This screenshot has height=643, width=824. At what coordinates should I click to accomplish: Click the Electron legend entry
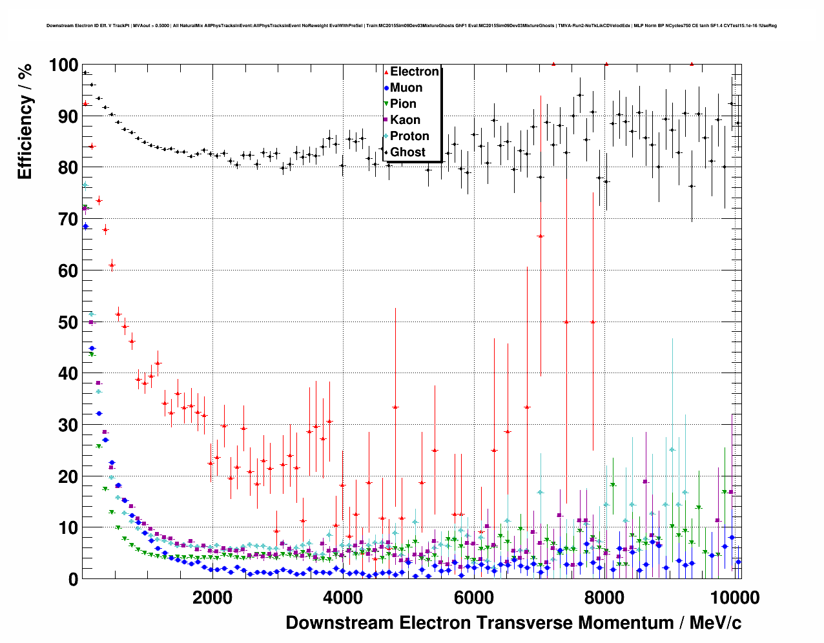click(x=414, y=72)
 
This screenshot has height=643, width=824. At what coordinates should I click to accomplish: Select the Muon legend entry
click(x=406, y=88)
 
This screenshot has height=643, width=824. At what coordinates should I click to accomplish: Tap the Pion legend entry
click(x=403, y=104)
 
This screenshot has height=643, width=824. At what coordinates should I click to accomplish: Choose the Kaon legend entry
click(x=405, y=120)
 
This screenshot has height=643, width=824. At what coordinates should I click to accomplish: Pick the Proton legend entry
click(x=409, y=136)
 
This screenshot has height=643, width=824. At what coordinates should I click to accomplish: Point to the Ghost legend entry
click(x=407, y=152)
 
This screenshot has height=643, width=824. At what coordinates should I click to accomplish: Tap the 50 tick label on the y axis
click(x=67, y=322)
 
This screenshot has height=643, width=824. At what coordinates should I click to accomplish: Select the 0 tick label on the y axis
click(x=72, y=579)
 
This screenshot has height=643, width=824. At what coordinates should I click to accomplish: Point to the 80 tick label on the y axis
click(x=67, y=168)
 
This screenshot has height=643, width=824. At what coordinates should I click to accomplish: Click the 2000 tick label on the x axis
click(x=212, y=598)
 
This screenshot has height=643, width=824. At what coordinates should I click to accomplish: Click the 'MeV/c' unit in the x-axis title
click(x=716, y=623)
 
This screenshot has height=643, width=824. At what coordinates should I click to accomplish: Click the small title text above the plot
click(x=412, y=26)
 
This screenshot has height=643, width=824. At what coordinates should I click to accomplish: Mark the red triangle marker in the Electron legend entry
click(x=386, y=72)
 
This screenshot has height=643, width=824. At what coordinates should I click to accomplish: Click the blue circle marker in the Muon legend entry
click(x=386, y=88)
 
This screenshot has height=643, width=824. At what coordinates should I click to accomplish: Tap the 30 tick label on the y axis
click(x=67, y=425)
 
